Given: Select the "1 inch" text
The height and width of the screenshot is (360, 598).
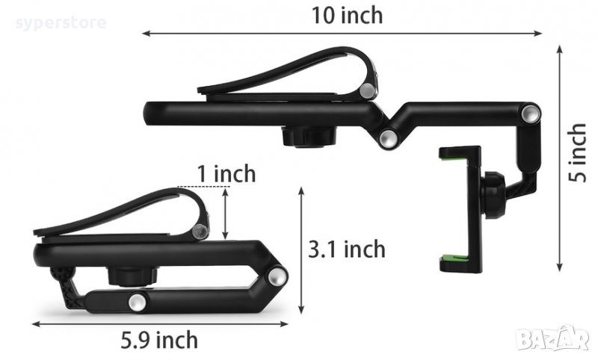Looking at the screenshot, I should (x=226, y=174).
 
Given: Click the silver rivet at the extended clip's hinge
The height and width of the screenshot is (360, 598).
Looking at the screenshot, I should (x=366, y=91).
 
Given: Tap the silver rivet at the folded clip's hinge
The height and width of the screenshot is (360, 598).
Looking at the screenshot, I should (x=199, y=232).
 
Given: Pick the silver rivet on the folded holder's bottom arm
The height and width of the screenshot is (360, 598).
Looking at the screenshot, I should (x=138, y=302).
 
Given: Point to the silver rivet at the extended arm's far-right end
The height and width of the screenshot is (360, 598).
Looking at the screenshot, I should (x=531, y=114).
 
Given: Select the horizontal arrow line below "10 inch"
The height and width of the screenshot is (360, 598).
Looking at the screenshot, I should (x=342, y=33).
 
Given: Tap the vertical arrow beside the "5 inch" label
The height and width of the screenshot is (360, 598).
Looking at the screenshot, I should (x=559, y=157).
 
